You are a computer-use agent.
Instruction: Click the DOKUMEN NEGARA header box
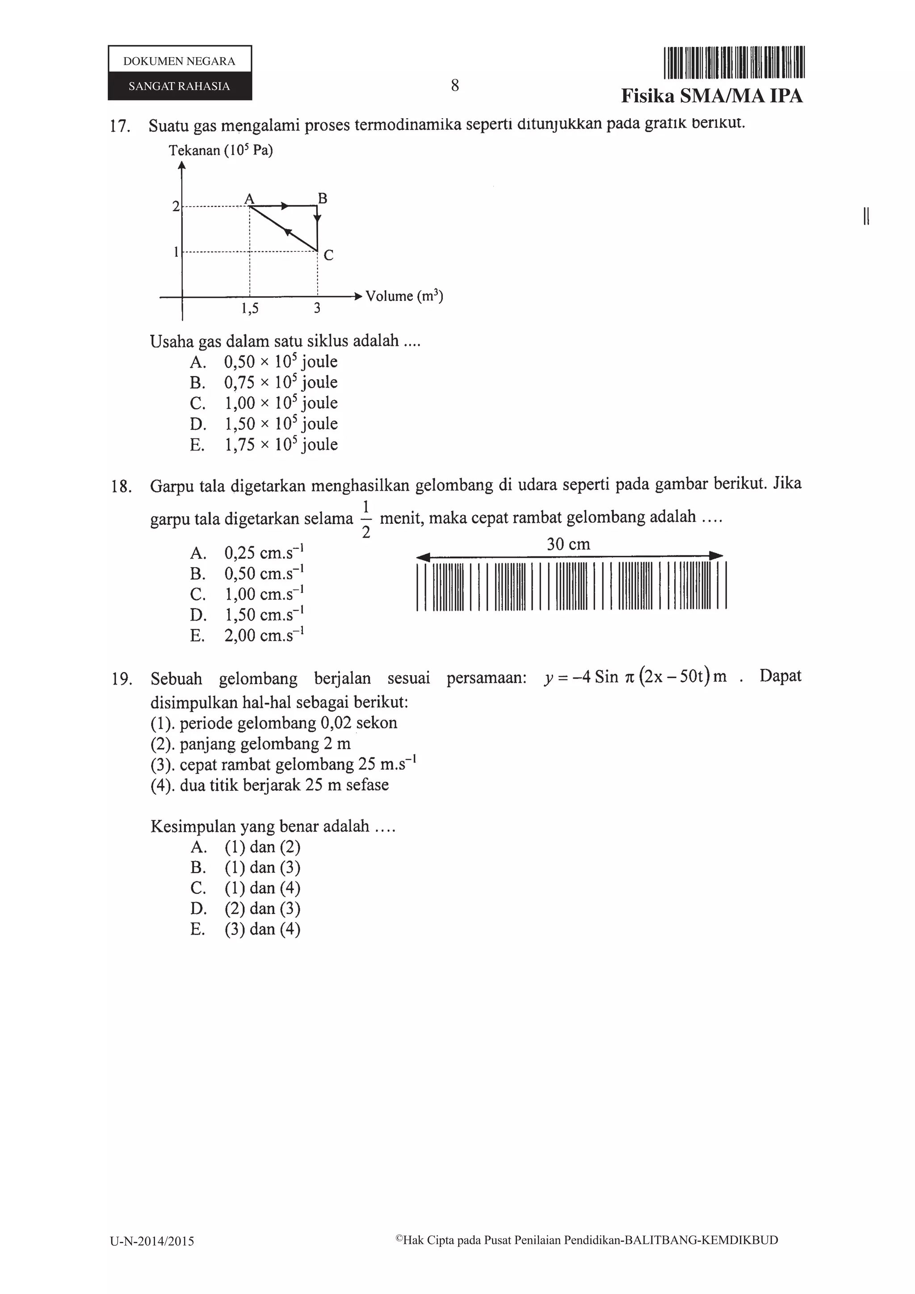point(179,61)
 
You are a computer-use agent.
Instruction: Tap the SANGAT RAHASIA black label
point(179,86)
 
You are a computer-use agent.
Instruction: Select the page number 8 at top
point(454,86)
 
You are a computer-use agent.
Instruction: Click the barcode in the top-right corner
point(734,62)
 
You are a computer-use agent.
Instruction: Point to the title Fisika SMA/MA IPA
point(711,96)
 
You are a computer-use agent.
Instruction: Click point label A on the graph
point(249,198)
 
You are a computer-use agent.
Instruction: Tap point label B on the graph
point(323,198)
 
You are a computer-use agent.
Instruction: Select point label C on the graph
point(329,256)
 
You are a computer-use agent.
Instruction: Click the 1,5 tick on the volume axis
point(250,308)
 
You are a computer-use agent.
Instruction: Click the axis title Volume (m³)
point(403,296)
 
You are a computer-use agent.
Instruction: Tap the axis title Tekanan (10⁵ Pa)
point(220,150)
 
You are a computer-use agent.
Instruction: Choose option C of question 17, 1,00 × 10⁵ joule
point(281,403)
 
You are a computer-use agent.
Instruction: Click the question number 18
point(121,486)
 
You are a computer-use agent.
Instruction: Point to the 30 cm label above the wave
point(568,544)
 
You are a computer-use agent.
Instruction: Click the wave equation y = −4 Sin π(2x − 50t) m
point(635,676)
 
